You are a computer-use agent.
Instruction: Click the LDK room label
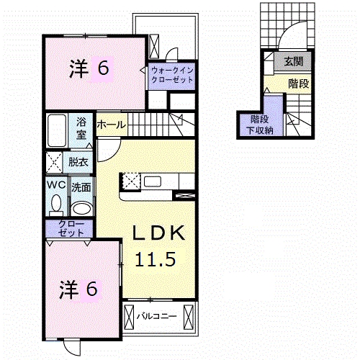click(x=159, y=233)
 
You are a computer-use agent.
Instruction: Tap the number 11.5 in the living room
click(x=156, y=260)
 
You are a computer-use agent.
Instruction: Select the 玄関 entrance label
click(x=294, y=62)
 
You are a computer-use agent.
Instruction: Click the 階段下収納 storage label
click(x=260, y=125)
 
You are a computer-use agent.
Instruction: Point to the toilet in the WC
click(x=56, y=204)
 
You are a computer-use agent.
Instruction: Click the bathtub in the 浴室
click(x=57, y=130)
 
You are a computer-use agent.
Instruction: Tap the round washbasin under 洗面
click(x=82, y=208)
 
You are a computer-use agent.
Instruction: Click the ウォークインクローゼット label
click(x=172, y=75)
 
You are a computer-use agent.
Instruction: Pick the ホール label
click(x=112, y=125)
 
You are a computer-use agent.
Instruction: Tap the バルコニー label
click(x=157, y=316)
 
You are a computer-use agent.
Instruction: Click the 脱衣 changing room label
click(x=78, y=162)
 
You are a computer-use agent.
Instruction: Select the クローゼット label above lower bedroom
click(x=71, y=228)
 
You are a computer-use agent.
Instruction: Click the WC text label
click(x=57, y=185)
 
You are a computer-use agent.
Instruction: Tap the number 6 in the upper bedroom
click(x=103, y=68)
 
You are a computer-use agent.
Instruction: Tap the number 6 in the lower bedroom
click(x=91, y=289)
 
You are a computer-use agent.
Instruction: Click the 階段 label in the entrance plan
click(x=299, y=84)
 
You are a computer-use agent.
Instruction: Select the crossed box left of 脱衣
click(x=54, y=163)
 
